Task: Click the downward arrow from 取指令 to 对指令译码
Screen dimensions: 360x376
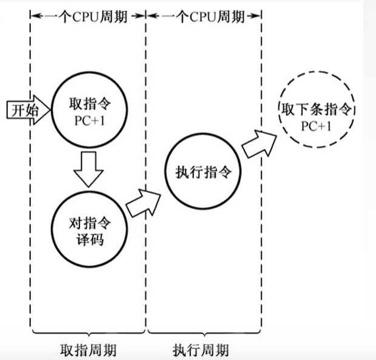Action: coord(89,169)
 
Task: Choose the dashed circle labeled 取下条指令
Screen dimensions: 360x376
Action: coord(313,117)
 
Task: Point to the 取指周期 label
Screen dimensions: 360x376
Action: coord(88,350)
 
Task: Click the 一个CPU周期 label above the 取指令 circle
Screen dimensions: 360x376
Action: coord(88,17)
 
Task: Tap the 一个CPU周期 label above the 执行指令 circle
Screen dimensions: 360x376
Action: coord(206,17)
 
